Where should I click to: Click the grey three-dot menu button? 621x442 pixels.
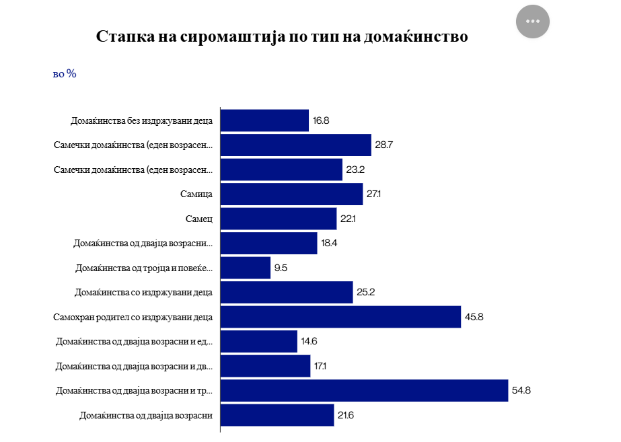(x=533, y=21)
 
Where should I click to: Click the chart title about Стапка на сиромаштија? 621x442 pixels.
(x=282, y=36)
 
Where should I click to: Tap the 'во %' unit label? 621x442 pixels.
(x=65, y=73)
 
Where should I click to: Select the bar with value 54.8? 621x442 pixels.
(x=364, y=391)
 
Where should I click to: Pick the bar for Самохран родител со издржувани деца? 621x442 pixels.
(x=340, y=317)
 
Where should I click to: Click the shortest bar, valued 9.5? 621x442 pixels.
(x=246, y=268)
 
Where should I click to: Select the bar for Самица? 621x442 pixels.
(x=291, y=194)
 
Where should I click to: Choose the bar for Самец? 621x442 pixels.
(x=279, y=219)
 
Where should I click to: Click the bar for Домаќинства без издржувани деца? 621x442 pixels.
(x=264, y=121)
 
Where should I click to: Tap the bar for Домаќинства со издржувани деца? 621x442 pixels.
(x=287, y=292)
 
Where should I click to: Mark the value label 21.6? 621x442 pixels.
(x=346, y=415)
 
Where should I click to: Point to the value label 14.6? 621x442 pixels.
(x=310, y=341)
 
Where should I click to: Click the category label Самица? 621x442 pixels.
(x=196, y=194)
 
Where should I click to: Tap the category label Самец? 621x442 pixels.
(x=199, y=219)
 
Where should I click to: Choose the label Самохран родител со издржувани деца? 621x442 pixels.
(x=133, y=317)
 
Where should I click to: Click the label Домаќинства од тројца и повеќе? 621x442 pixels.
(x=144, y=268)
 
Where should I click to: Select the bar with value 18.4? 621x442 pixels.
(x=268, y=244)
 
